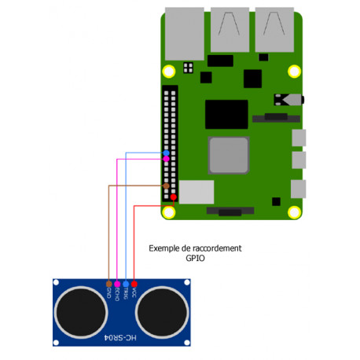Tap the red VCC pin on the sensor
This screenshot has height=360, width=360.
point(134,283)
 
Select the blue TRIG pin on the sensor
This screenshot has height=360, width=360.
point(126,283)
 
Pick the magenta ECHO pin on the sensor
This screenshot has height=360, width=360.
point(117,283)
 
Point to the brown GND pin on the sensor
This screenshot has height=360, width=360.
point(108,283)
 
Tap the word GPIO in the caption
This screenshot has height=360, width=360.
point(195,257)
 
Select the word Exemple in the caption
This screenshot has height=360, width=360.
point(162,248)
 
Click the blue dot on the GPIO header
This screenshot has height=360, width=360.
point(166,152)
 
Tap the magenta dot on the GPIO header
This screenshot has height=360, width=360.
point(166,159)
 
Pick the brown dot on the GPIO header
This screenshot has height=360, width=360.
point(166,186)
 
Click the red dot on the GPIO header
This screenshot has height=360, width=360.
point(173,197)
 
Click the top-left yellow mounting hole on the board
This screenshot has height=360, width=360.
point(168,70)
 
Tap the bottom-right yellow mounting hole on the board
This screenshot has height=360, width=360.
point(294,212)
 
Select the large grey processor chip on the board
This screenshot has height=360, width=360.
point(230,156)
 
